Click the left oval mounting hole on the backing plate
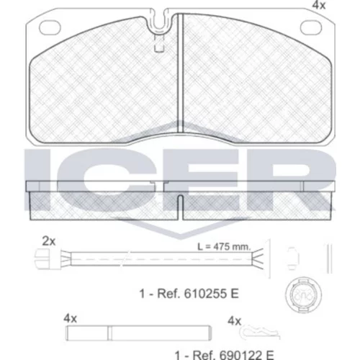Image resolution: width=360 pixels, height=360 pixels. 50,27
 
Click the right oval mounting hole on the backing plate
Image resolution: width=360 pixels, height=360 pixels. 311,27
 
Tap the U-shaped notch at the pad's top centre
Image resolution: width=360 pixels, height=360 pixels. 159,22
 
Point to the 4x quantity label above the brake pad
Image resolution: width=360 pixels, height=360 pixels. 319,5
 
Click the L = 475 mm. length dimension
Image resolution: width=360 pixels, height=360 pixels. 224,246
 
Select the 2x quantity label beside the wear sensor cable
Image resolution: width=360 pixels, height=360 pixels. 49,241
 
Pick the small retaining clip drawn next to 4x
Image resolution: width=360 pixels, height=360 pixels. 260,332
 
